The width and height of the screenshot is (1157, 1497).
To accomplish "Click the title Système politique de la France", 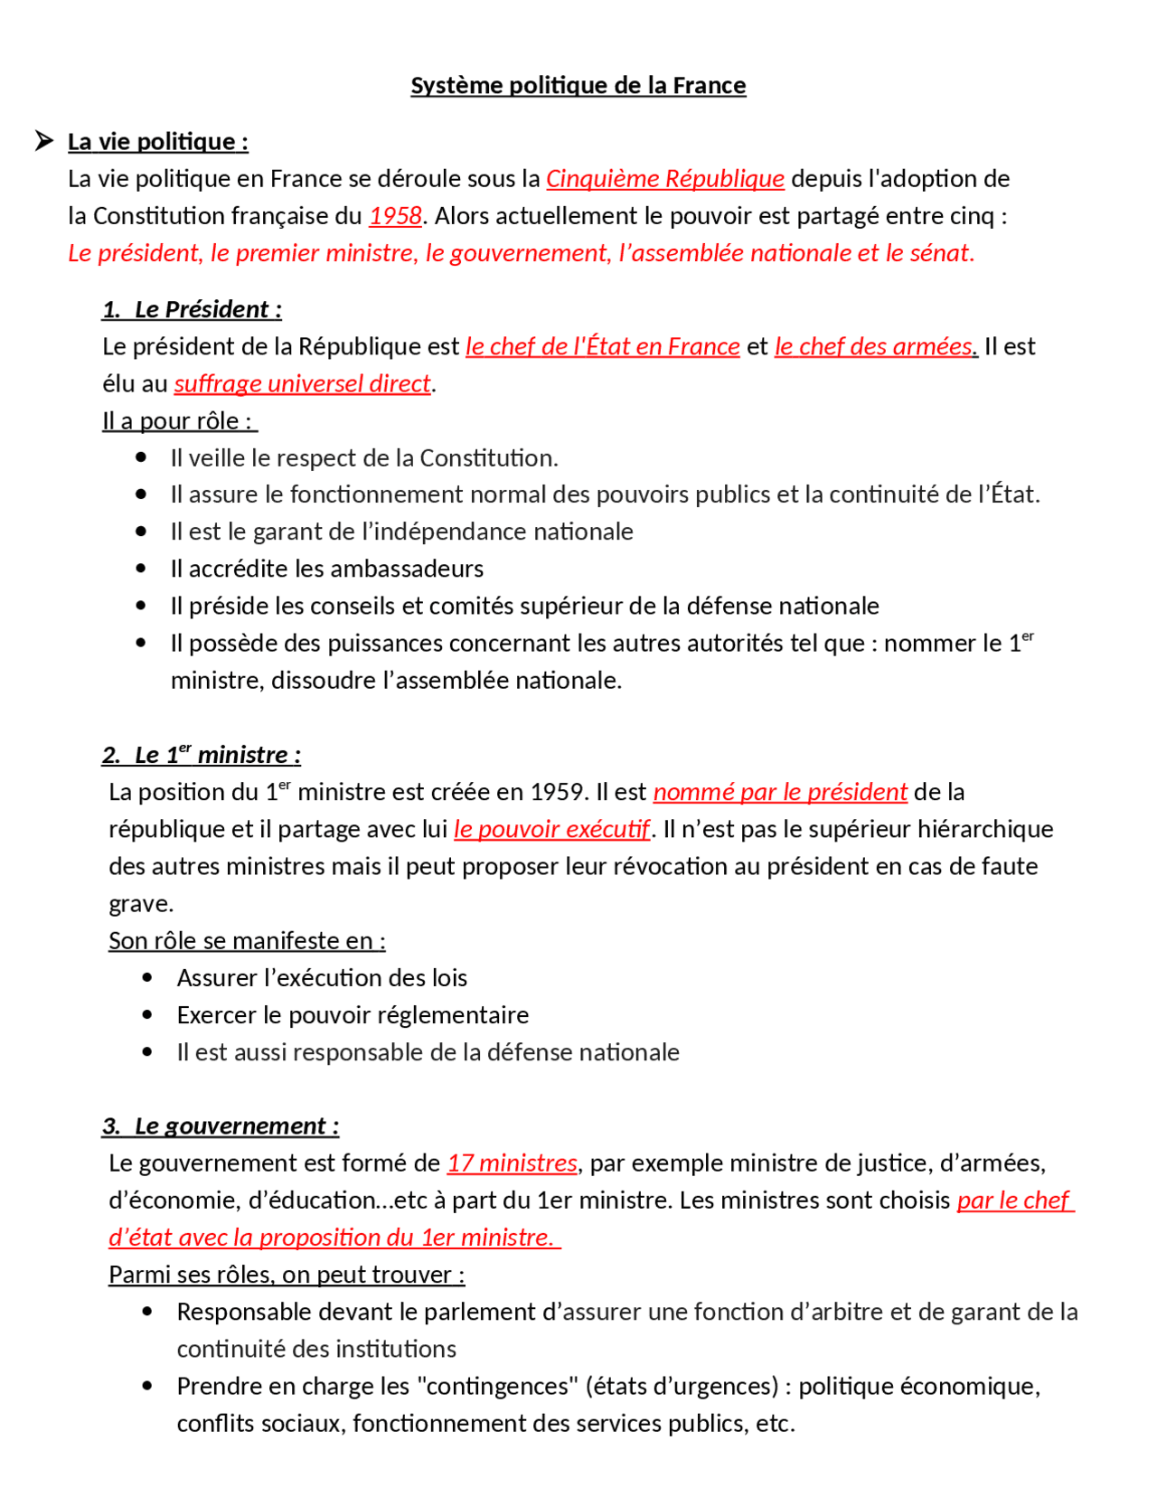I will (578, 85).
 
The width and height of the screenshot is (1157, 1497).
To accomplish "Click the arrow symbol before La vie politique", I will (43, 140).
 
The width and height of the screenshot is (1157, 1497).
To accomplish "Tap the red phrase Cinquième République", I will (664, 178).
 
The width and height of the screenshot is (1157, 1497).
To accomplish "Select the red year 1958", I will (395, 215).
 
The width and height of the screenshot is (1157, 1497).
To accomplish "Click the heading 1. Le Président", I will (192, 309).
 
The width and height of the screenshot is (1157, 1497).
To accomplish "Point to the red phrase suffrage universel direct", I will (302, 383).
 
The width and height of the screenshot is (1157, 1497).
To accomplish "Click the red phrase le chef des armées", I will (875, 346).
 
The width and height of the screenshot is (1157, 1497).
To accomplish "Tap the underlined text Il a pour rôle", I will (178, 420).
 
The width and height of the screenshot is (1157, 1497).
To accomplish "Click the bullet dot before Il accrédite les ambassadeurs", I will (141, 568).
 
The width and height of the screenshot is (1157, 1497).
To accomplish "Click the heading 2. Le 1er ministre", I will (201, 755).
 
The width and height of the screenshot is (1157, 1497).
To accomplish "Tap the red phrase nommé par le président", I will (779, 792).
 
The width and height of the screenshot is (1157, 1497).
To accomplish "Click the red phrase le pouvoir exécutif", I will (551, 829).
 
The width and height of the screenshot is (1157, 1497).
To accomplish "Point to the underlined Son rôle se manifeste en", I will (246, 940).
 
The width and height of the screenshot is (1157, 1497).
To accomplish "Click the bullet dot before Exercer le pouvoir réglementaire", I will (147, 1014).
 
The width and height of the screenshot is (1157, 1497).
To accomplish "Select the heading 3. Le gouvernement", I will (221, 1125).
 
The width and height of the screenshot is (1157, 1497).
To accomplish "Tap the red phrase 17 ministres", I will (512, 1163).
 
